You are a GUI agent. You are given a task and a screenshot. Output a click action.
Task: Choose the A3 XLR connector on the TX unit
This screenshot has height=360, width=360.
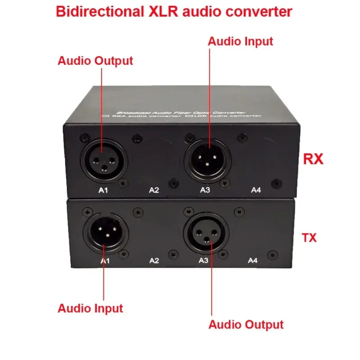coord(207,234)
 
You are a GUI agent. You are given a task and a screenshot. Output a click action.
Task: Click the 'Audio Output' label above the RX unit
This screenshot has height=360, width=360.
coord(95,61)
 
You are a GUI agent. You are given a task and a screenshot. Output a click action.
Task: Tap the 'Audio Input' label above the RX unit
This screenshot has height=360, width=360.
coord(240,41)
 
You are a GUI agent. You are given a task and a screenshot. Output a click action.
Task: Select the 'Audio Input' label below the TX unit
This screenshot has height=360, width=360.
coord(90,309)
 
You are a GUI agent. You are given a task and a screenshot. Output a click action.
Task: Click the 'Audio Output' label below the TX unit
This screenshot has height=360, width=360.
coord(246,324)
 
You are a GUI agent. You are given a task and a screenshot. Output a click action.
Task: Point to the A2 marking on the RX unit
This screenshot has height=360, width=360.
coord(154,190)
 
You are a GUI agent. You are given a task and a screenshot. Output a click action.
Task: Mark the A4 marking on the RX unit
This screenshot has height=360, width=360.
coord(256,190)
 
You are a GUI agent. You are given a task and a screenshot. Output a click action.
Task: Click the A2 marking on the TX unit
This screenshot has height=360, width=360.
coord(154,260)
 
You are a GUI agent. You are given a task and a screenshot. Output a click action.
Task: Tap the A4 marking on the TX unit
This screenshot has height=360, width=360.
coord(252,260)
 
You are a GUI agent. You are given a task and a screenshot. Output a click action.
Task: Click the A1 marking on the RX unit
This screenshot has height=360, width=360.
coord(103,190)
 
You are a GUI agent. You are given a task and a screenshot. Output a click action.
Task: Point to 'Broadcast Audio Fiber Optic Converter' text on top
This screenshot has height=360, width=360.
coord(180,111)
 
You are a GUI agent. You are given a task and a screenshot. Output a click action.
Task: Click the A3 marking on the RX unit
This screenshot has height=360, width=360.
coord(205,190)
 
